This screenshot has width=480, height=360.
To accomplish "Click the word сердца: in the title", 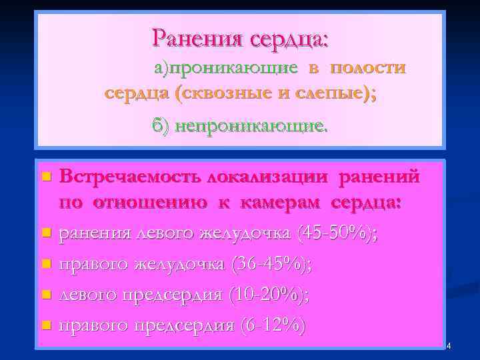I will coord(289,37).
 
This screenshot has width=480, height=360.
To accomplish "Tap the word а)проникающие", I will coord(226,67).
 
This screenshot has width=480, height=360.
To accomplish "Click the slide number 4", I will coord(449,345).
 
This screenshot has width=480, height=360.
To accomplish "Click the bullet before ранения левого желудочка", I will coord(45,234).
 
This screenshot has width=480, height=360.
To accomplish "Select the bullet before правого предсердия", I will coord(45,326).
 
